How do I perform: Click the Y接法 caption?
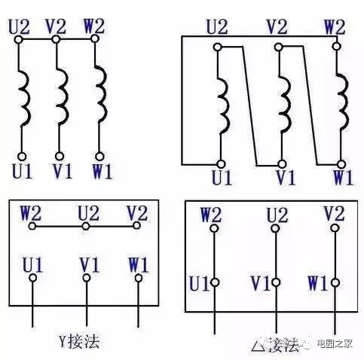(79, 341)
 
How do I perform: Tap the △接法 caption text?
(275, 345)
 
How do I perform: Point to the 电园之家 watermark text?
(335, 343)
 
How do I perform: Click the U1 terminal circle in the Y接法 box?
(33, 278)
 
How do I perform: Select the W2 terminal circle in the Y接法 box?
(32, 226)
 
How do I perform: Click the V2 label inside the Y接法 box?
(137, 213)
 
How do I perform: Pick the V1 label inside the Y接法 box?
(90, 265)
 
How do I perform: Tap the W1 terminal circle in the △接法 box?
(335, 282)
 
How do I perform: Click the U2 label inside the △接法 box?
(277, 215)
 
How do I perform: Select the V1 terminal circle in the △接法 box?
(276, 282)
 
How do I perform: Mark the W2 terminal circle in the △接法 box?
(214, 228)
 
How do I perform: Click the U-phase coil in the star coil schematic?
(26, 99)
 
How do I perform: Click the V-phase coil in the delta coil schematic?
(286, 104)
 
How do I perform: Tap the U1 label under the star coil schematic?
(22, 172)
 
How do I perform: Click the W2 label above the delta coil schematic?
(335, 27)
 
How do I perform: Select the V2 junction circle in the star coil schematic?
(56, 39)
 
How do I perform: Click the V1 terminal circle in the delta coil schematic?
(282, 164)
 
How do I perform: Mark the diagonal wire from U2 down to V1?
(249, 105)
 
